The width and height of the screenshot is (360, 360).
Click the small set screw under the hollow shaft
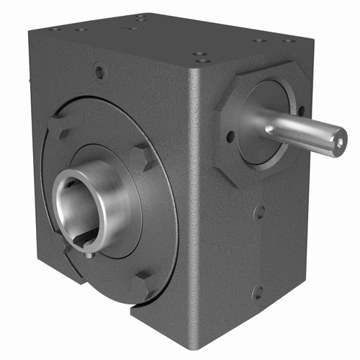[x=86, y=251]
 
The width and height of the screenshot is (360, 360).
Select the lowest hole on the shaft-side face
[x=258, y=294]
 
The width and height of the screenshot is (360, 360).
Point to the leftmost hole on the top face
[x=55, y=29]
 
